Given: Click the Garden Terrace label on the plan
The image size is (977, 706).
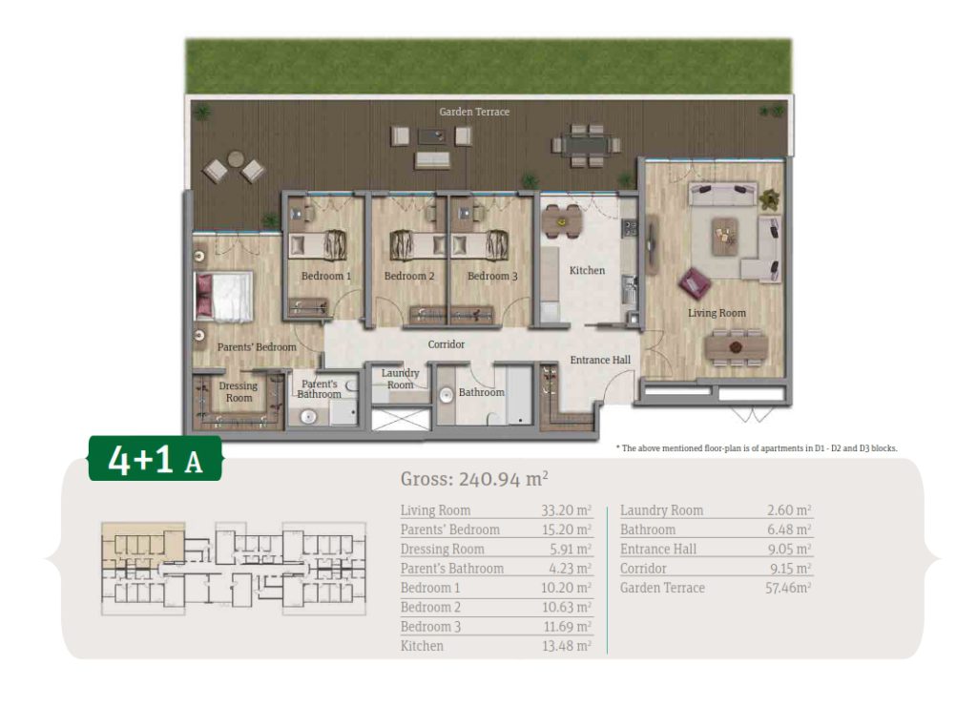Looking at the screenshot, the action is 474,112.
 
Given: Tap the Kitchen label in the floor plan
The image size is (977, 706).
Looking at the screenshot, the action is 587,270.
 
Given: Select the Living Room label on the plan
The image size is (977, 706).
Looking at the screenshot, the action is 717,313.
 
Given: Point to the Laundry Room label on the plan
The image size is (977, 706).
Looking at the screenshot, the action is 400,379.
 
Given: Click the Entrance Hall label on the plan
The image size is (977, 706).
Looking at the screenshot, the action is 600,361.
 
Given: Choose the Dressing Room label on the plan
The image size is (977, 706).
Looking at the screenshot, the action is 239,392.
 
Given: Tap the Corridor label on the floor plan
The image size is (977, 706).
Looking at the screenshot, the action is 447,344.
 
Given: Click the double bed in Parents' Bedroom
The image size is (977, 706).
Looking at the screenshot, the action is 223,296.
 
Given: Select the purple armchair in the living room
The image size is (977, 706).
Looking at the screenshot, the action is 695,283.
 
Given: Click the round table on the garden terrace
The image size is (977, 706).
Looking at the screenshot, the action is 235,159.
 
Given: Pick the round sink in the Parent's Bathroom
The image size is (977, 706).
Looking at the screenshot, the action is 308,416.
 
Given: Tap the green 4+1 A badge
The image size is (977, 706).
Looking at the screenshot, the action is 156,459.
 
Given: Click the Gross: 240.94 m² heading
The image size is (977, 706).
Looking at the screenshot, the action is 474,479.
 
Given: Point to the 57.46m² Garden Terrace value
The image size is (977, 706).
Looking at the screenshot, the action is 788,588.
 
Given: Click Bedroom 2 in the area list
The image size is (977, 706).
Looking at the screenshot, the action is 430,608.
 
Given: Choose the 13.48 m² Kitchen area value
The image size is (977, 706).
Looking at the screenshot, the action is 567,646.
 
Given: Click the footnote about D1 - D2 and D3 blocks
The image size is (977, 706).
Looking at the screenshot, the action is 757,448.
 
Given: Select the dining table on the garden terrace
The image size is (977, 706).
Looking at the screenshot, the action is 587,145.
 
